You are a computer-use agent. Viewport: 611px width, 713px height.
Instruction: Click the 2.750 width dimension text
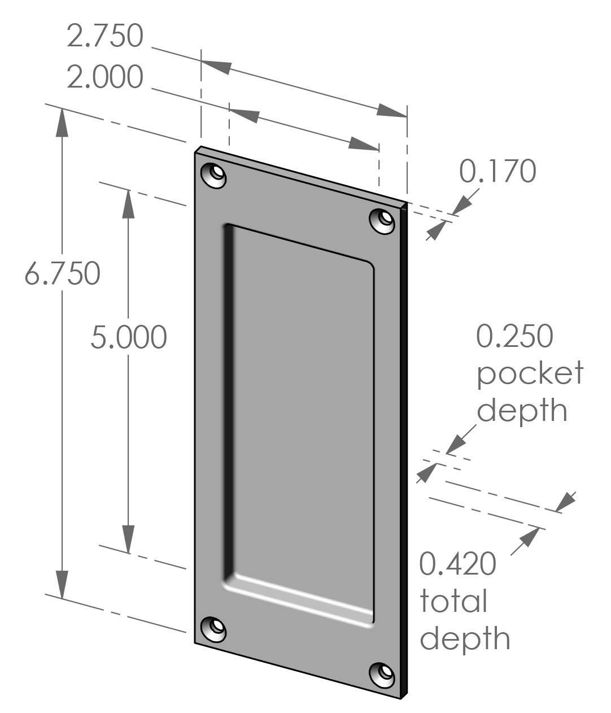[x=105, y=36]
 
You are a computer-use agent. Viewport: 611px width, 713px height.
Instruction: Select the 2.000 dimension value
[x=105, y=77]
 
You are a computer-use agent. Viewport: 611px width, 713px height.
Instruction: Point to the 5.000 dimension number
[x=129, y=337]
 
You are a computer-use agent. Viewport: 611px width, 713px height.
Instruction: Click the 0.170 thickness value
[x=497, y=171]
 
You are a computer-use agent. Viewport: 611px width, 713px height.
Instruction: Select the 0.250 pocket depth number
[x=514, y=336]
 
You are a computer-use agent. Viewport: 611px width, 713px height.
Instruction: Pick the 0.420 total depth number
[x=458, y=564]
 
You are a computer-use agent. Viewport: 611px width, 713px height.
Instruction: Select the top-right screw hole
[x=383, y=220]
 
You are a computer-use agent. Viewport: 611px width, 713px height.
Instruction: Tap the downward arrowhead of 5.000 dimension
[x=129, y=540]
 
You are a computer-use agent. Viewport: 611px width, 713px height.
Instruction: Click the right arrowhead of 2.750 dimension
[x=392, y=111]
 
